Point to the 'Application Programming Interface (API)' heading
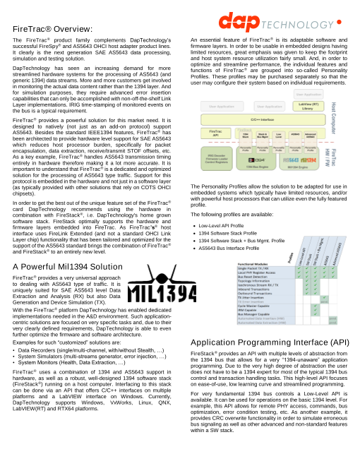coord(270,342)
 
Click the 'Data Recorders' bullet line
coord(91,350)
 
